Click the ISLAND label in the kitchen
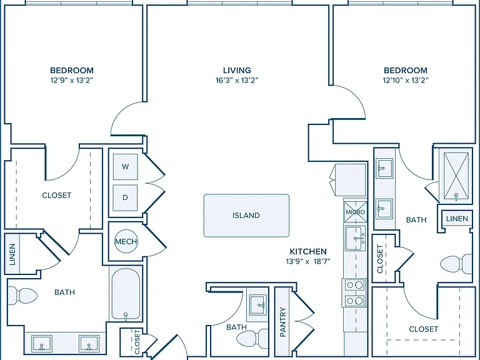click(246, 216)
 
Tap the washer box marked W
click(125, 167)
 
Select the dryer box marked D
click(125, 197)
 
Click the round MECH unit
click(126, 241)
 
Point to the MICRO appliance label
click(355, 212)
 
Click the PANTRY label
click(282, 322)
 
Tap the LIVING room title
click(237, 71)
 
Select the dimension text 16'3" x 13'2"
click(237, 81)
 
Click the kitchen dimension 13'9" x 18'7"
click(308, 261)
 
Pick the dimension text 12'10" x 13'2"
click(405, 81)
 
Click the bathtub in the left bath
click(126, 294)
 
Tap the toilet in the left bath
click(22, 296)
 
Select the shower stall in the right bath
click(456, 177)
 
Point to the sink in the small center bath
click(257, 304)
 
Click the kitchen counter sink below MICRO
click(356, 238)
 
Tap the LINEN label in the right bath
click(457, 219)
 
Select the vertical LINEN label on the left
click(12, 254)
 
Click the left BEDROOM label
click(72, 71)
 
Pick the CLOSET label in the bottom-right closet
click(424, 329)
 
